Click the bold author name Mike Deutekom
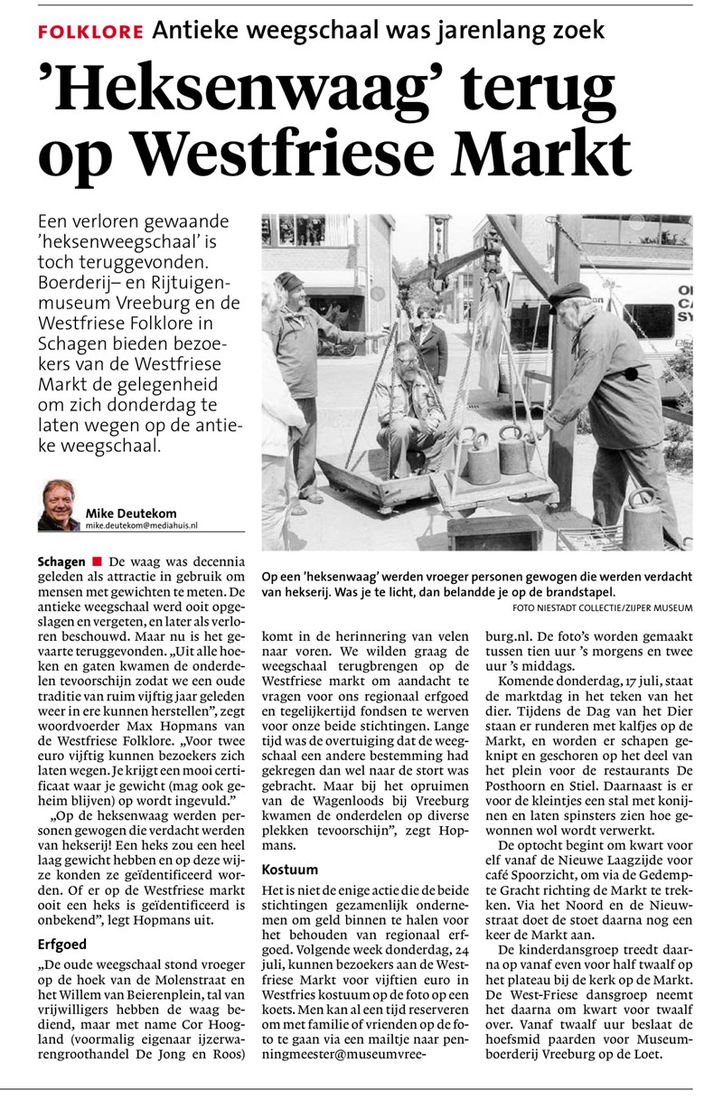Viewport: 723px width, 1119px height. pyautogui.click(x=132, y=512)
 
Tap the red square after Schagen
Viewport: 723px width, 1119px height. pyautogui.click(x=97, y=561)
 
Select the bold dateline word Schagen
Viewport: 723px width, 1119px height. pyautogui.click(x=61, y=561)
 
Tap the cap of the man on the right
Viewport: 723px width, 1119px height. pyautogui.click(x=569, y=292)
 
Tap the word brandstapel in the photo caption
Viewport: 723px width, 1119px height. pyautogui.click(x=572, y=591)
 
